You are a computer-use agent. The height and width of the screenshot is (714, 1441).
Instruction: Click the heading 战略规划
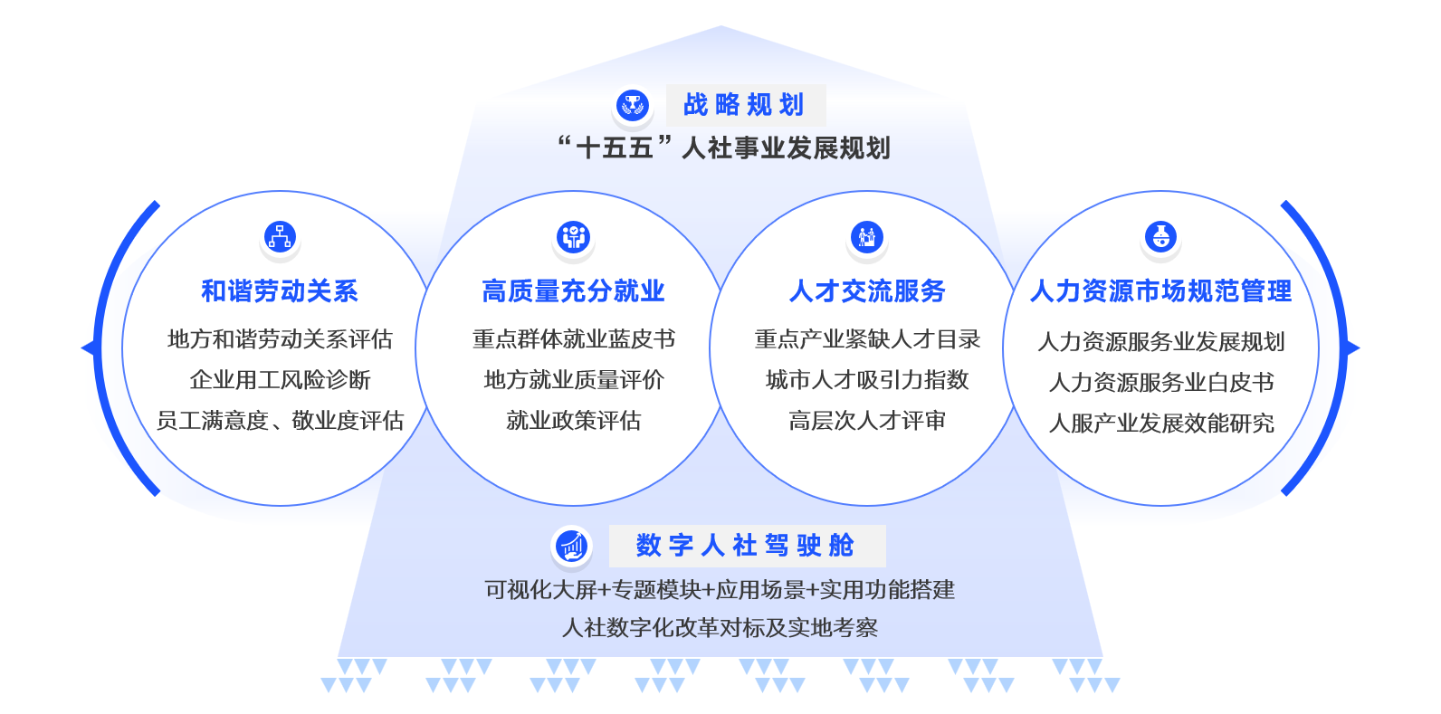point(744,105)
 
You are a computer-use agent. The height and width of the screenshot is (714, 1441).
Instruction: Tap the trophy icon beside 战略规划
point(633,105)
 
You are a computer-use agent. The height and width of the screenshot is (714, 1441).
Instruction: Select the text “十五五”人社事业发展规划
point(724,148)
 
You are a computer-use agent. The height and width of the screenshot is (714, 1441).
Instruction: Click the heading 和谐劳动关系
point(280,290)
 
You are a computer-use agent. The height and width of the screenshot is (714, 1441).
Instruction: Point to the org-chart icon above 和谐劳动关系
point(280,237)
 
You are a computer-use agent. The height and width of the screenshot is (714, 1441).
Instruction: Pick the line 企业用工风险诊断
point(280,379)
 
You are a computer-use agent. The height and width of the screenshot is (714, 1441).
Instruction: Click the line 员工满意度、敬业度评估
point(280,421)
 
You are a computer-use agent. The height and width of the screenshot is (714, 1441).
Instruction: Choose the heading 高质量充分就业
point(573,290)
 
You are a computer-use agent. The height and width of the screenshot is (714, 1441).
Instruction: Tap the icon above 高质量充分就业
point(573,237)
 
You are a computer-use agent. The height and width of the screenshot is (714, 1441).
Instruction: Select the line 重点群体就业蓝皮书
point(573,339)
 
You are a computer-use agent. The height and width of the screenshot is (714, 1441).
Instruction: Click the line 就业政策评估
point(573,421)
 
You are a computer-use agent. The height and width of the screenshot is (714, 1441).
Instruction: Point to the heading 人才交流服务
point(867,290)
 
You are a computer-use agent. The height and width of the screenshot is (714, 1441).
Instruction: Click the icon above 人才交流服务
point(867,237)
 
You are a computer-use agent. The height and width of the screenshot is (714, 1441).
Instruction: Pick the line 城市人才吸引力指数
point(867,379)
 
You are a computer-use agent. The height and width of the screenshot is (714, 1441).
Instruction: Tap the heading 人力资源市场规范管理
point(1161,290)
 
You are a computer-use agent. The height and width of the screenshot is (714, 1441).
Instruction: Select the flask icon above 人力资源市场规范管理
point(1161,237)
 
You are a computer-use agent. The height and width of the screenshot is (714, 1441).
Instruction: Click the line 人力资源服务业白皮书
point(1161,382)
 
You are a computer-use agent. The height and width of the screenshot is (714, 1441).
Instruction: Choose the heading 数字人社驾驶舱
point(745,546)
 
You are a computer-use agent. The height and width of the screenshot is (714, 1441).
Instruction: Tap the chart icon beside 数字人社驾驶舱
point(571,546)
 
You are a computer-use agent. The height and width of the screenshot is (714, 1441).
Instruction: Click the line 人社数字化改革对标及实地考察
point(720,627)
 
